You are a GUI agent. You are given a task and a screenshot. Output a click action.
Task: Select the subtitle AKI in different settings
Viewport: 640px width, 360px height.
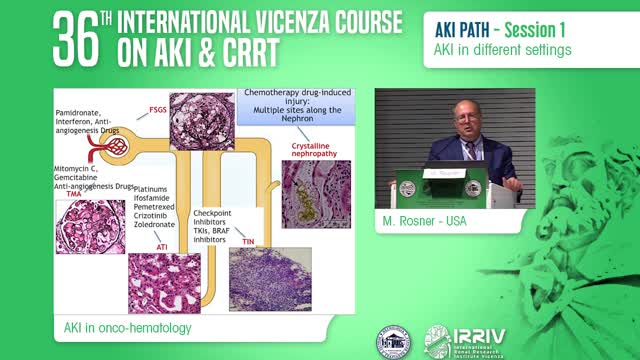coord(489,48)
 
